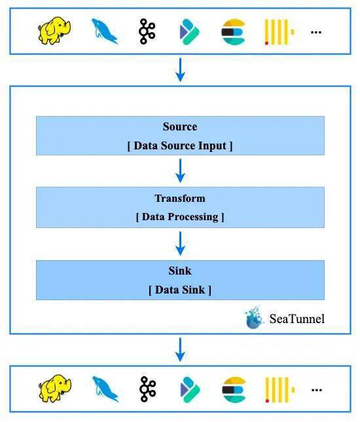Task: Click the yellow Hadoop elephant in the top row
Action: tap(54, 31)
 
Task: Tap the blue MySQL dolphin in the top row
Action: tap(104, 31)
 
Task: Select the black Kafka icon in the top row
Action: tap(147, 31)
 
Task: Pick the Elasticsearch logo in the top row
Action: tap(234, 31)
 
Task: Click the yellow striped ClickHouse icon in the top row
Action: tap(279, 31)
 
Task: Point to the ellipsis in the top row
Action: tap(316, 32)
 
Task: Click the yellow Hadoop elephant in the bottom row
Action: tap(55, 389)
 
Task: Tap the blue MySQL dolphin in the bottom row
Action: tap(105, 389)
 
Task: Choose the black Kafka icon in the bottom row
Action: tap(148, 389)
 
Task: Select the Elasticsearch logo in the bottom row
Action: tap(234, 390)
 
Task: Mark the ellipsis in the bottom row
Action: tap(317, 390)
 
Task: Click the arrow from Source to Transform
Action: tap(180, 170)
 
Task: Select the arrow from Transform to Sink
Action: tap(180, 243)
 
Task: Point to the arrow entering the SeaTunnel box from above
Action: tap(180, 69)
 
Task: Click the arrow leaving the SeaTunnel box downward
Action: tap(180, 350)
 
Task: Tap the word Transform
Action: tap(180, 199)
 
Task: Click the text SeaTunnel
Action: tap(297, 319)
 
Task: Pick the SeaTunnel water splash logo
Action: tap(254, 317)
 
